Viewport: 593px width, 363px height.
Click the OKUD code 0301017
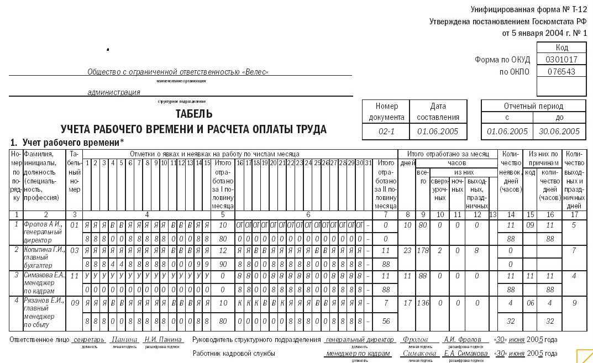point(561,60)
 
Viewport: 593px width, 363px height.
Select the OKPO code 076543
point(561,72)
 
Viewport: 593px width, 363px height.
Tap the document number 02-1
point(386,131)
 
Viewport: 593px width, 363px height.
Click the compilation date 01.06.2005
point(438,131)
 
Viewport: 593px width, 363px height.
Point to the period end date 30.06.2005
point(559,131)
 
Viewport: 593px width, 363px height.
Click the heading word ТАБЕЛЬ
point(193,114)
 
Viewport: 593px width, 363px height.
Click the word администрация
point(114,92)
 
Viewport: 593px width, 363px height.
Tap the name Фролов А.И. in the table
point(43,225)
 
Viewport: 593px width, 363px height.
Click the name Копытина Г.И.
point(44,250)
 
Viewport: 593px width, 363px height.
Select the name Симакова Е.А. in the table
point(44,275)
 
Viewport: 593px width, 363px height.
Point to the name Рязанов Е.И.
point(44,301)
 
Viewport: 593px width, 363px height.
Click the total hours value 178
point(423,250)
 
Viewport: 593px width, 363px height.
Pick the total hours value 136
point(423,303)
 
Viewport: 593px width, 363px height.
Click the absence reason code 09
point(530,225)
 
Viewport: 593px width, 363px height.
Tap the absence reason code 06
point(530,303)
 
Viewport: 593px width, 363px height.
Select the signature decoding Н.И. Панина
point(163,340)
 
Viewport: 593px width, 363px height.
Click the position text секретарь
point(89,340)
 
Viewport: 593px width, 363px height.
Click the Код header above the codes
point(561,48)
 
